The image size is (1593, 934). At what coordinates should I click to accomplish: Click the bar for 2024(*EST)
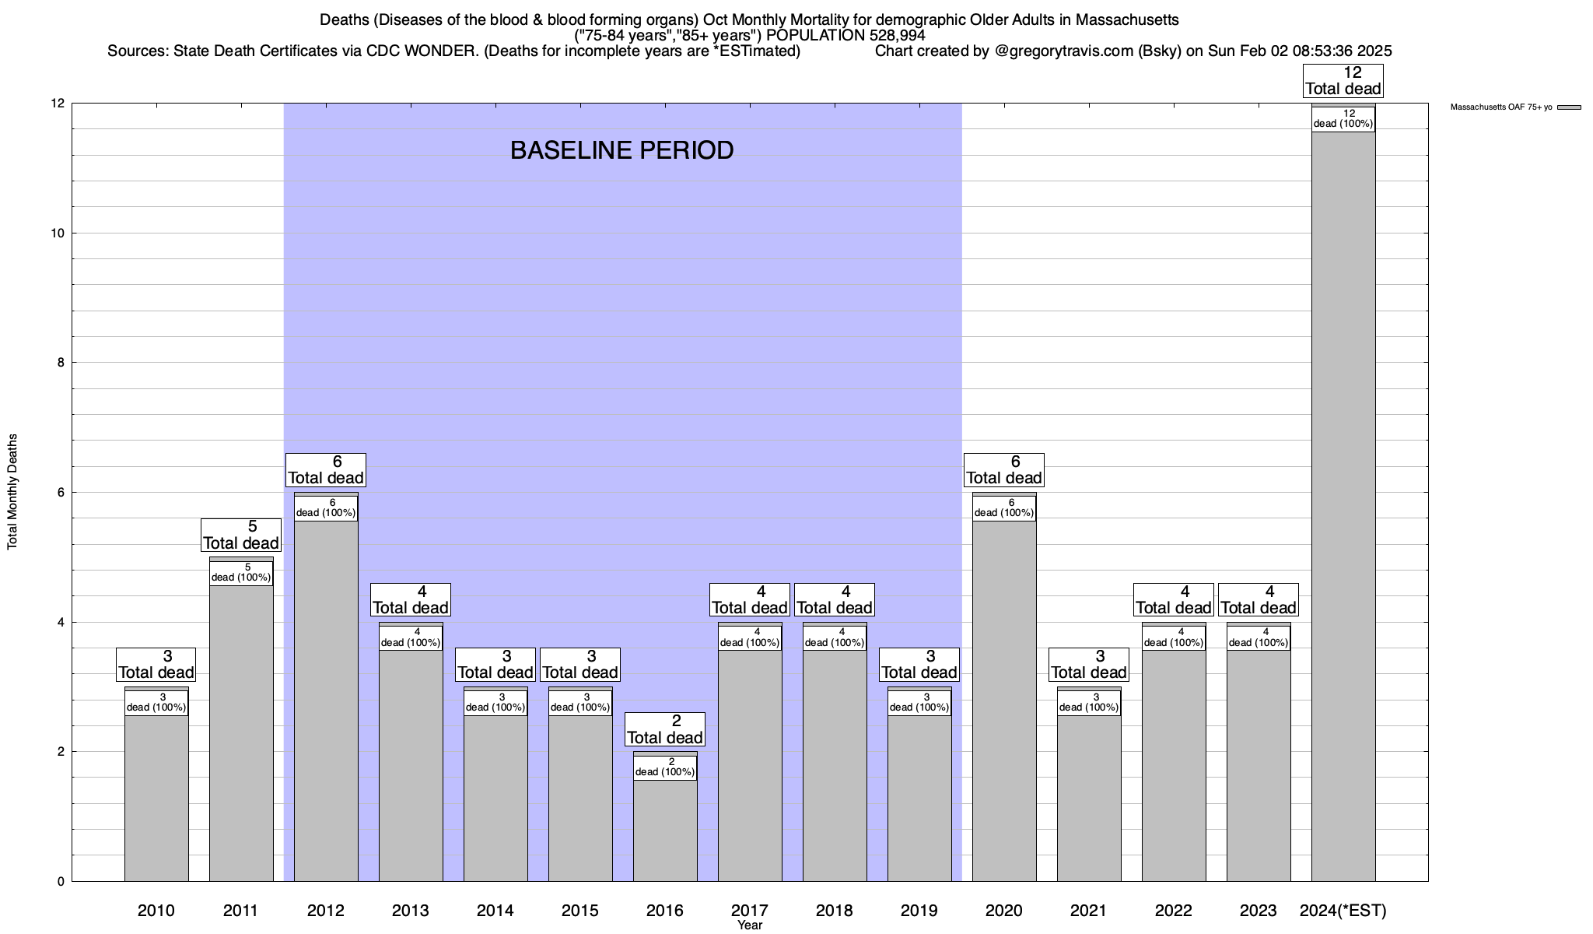point(1343,506)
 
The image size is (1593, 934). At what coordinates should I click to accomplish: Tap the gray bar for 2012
point(326,700)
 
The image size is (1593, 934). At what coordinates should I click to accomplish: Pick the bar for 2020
point(1004,700)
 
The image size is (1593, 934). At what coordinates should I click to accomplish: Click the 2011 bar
point(241,732)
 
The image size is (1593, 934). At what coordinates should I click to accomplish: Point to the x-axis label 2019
point(919,910)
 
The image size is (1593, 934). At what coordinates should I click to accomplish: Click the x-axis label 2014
point(495,910)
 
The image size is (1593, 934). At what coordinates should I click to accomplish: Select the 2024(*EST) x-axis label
point(1343,910)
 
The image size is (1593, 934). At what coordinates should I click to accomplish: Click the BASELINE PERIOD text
point(621,150)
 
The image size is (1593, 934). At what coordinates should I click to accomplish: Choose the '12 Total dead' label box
point(1343,80)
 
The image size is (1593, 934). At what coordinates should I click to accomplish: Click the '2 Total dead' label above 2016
point(665,729)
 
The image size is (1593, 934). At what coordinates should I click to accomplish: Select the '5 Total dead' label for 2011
point(241,535)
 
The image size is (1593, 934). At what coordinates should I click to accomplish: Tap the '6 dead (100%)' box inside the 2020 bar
point(1004,507)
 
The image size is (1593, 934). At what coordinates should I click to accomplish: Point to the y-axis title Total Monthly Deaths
point(12,492)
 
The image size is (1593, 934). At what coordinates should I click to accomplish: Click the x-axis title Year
point(750,925)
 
